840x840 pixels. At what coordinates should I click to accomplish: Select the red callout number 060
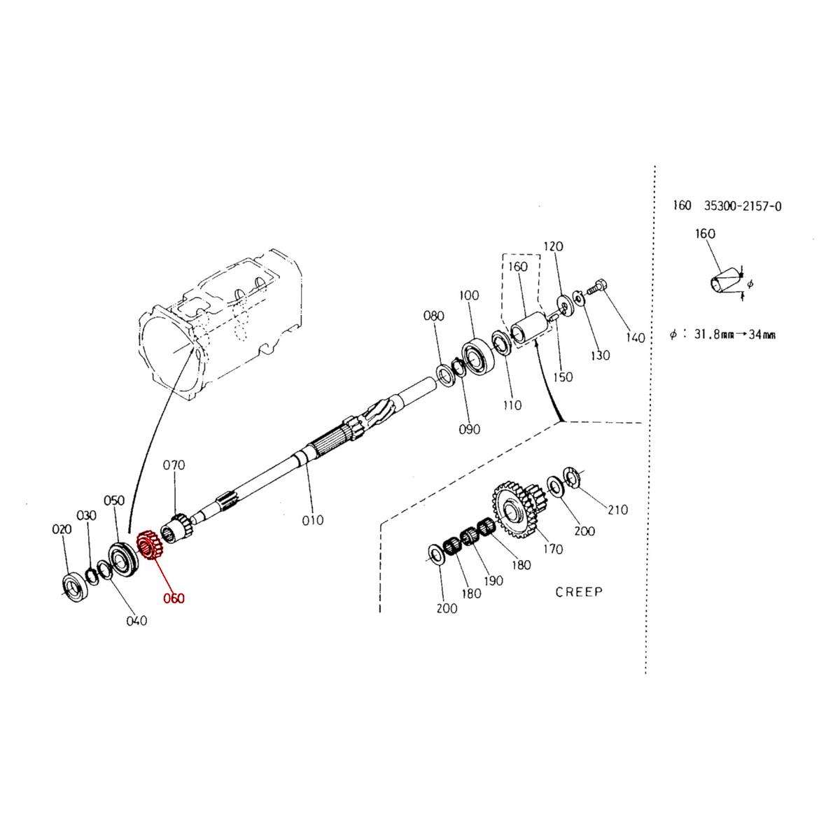click(174, 598)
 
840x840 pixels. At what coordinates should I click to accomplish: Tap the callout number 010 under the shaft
click(313, 519)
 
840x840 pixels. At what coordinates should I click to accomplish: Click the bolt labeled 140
click(597, 286)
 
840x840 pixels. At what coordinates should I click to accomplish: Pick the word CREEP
click(579, 591)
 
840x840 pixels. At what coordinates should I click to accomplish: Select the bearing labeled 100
click(478, 354)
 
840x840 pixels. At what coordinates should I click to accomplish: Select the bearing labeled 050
click(122, 558)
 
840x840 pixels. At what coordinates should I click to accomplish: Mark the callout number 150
click(562, 377)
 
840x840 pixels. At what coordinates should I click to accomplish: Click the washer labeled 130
click(578, 298)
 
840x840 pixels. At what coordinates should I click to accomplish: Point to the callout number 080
click(434, 316)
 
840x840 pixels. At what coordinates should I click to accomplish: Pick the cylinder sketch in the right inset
click(723, 283)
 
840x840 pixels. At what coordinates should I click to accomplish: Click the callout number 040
click(136, 620)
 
